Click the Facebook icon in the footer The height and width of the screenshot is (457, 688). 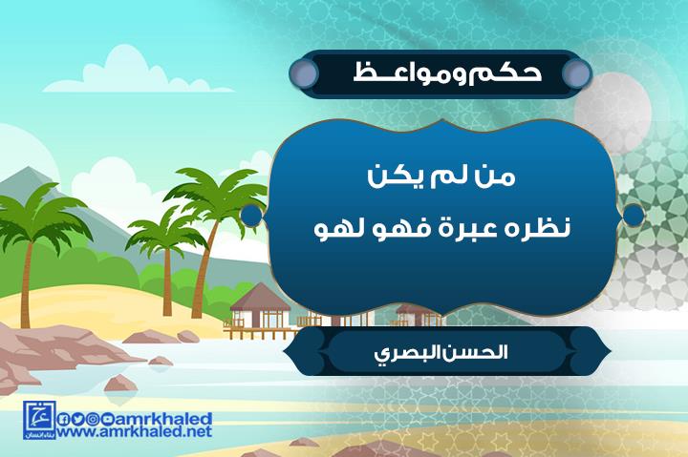click(63, 420)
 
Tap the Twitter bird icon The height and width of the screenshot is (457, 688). click(77, 420)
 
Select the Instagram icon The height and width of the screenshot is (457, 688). click(92, 420)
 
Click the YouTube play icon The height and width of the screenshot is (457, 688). click(106, 420)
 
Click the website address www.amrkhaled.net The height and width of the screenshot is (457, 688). click(135, 431)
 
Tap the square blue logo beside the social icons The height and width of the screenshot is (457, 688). click(39, 420)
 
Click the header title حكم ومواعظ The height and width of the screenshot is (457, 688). click(447, 73)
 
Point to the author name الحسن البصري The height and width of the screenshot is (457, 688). click(441, 353)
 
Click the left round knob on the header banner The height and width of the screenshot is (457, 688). click(303, 73)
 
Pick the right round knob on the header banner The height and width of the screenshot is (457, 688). click(576, 73)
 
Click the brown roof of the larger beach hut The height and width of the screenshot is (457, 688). click(260, 297)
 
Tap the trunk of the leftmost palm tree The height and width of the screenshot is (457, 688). click(27, 284)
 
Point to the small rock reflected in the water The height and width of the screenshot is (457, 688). click(120, 383)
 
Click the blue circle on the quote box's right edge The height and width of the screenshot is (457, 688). click(633, 215)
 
